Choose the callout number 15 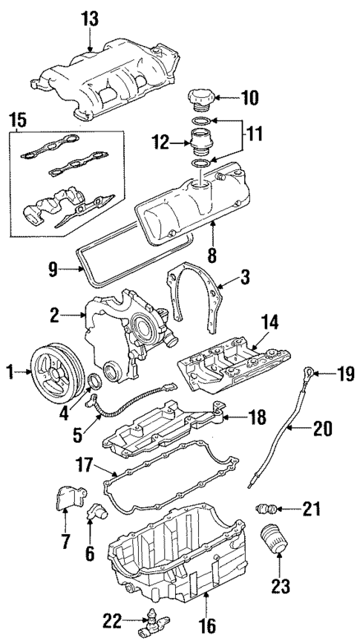(x=18, y=120)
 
